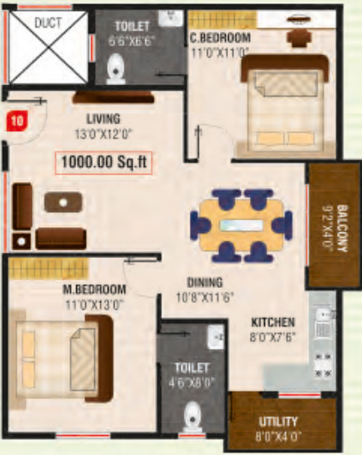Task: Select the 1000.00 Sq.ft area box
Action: pyautogui.click(x=104, y=163)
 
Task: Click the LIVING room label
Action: pyautogui.click(x=103, y=119)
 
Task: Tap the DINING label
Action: pyautogui.click(x=204, y=281)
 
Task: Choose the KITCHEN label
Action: pyautogui.click(x=273, y=321)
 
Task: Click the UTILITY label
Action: pyautogui.click(x=278, y=422)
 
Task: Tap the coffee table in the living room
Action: pyautogui.click(x=63, y=201)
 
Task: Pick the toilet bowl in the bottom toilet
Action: pyautogui.click(x=194, y=415)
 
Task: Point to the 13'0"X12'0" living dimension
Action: pyautogui.click(x=103, y=131)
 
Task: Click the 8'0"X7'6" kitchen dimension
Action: pyautogui.click(x=273, y=335)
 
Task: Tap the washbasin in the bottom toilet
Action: pyautogui.click(x=217, y=339)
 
